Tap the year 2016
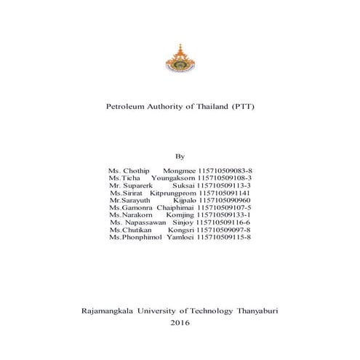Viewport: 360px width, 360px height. pos(180,321)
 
